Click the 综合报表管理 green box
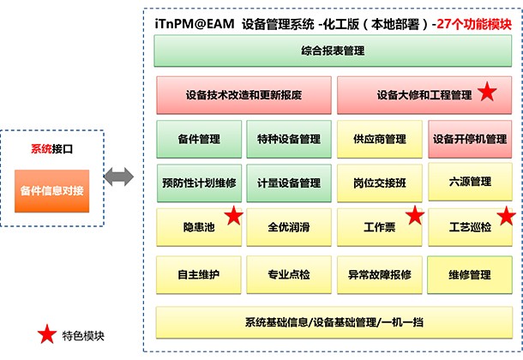click(x=333, y=51)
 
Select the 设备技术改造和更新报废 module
click(x=243, y=95)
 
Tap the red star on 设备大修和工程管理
click(x=487, y=92)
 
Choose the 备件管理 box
click(x=199, y=139)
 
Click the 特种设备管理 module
click(x=289, y=139)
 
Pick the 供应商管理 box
click(x=380, y=139)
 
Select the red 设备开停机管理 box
click(x=470, y=139)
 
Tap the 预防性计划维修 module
click(x=199, y=183)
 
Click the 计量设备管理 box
click(x=289, y=183)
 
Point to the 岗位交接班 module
click(x=380, y=183)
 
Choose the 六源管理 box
click(x=470, y=182)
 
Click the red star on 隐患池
click(x=234, y=215)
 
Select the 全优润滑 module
click(x=289, y=228)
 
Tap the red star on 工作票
click(x=415, y=215)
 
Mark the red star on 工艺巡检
click(x=507, y=216)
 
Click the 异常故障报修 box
click(x=380, y=275)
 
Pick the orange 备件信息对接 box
click(x=51, y=191)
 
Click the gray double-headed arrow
click(x=119, y=177)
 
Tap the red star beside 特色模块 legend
click(x=46, y=334)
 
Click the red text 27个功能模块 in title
click(x=474, y=24)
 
